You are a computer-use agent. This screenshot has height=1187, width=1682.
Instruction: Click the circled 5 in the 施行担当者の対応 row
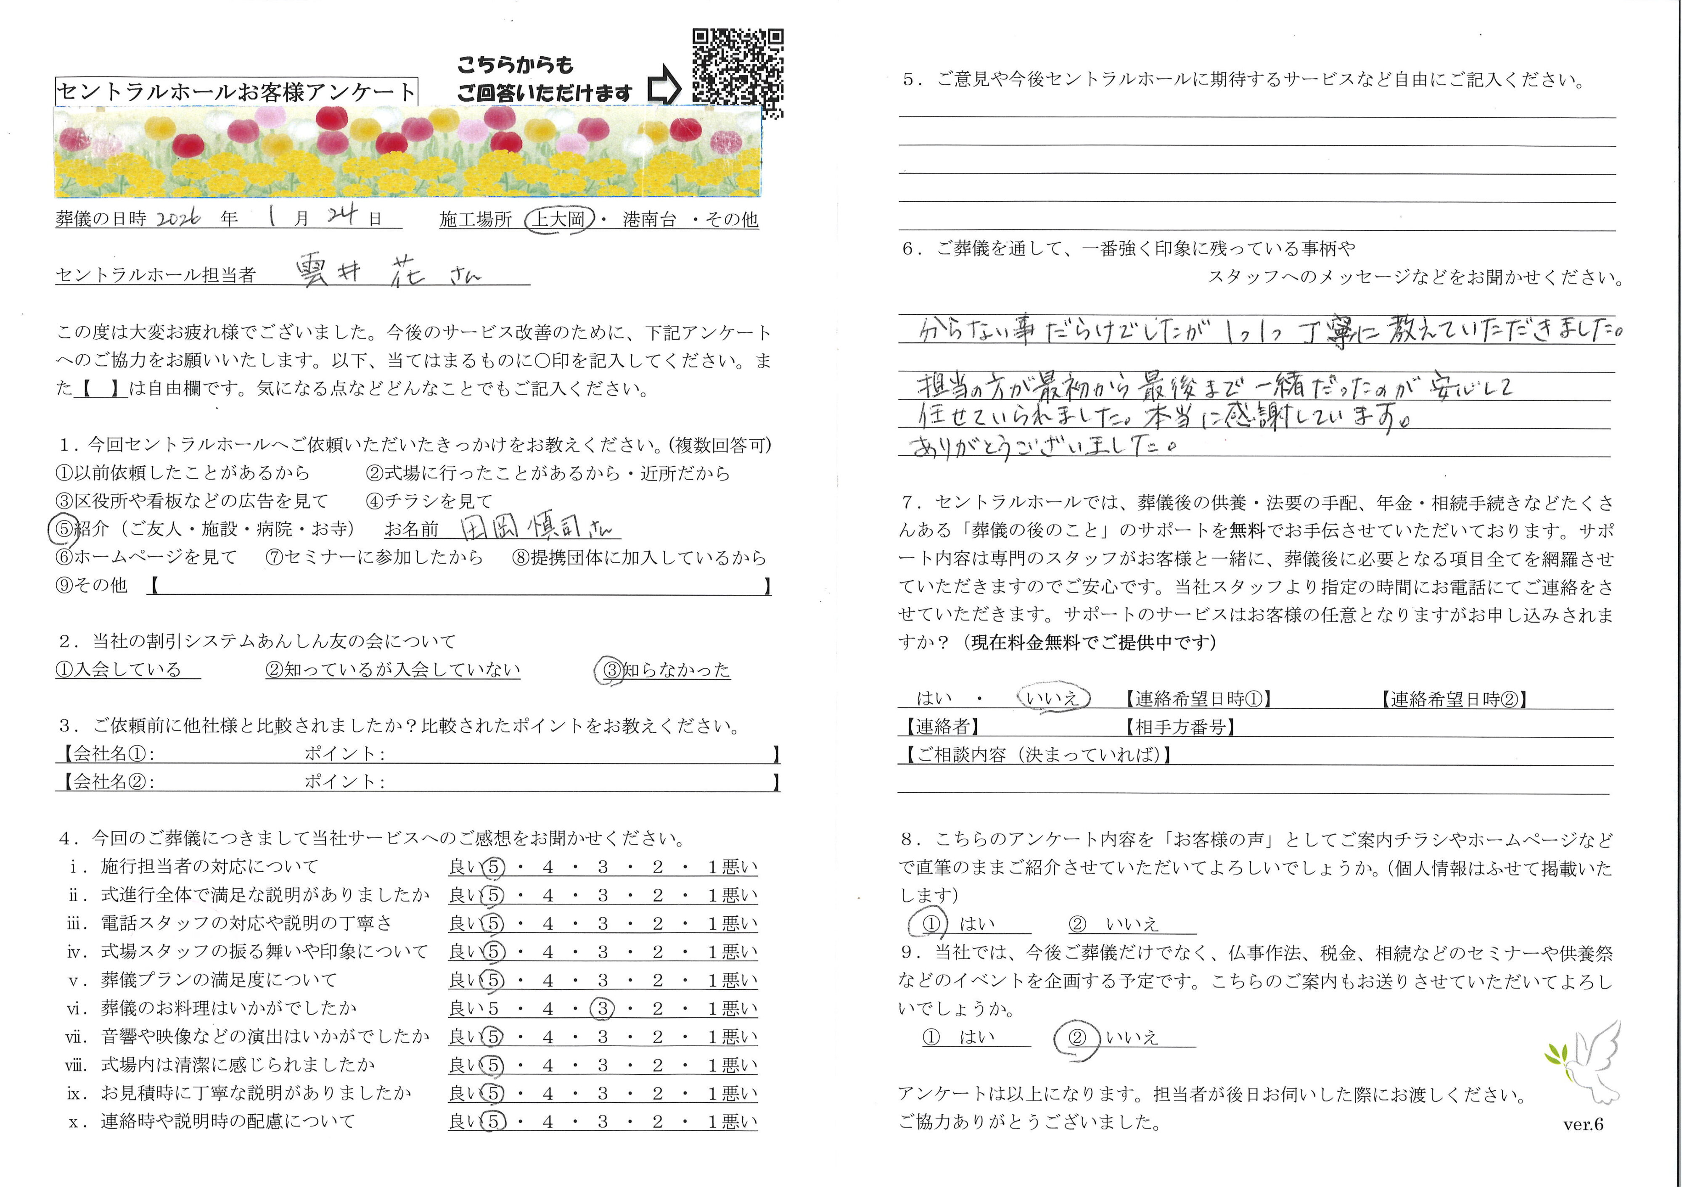pyautogui.click(x=493, y=867)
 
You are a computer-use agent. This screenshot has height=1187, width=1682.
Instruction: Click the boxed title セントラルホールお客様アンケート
pyautogui.click(x=236, y=92)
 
